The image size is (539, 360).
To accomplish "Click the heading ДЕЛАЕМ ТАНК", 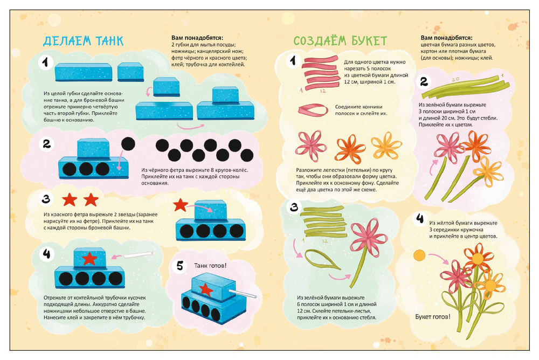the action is [83, 40].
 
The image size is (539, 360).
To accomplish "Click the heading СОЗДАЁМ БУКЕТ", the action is [340, 40].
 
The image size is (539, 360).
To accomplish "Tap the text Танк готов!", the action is [210, 266].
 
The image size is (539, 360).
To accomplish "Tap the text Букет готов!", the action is [432, 317].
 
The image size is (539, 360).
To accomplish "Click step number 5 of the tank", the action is [180, 265].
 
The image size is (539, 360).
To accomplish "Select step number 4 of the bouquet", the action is [420, 218].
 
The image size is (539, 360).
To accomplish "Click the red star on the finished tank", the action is [206, 289].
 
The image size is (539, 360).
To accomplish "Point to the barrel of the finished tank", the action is [243, 294].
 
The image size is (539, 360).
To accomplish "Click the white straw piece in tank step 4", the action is [138, 254].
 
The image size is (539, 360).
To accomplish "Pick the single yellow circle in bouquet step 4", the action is [419, 255].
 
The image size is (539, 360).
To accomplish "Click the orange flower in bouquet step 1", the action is [350, 148].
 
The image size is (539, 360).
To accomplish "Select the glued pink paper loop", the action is [313, 110].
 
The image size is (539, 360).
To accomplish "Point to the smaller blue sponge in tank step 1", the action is [130, 72].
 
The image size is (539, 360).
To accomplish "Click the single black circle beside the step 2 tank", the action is [128, 144].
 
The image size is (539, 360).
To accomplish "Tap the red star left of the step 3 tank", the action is [180, 205].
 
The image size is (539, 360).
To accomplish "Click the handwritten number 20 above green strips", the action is [455, 80].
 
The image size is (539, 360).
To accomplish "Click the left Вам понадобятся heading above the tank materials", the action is [197, 38].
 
